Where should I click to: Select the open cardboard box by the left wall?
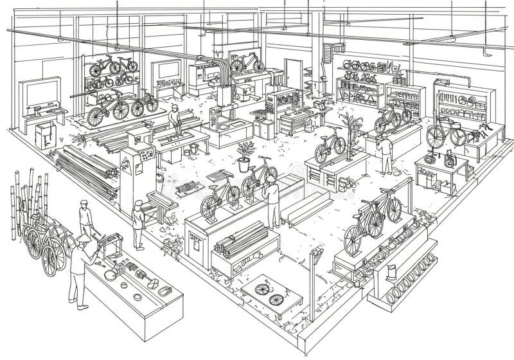click(44, 136)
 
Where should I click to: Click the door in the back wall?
click(294, 74)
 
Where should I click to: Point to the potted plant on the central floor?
click(244, 156)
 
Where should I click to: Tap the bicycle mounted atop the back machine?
click(247, 62)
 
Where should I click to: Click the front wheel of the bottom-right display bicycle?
click(354, 239)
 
